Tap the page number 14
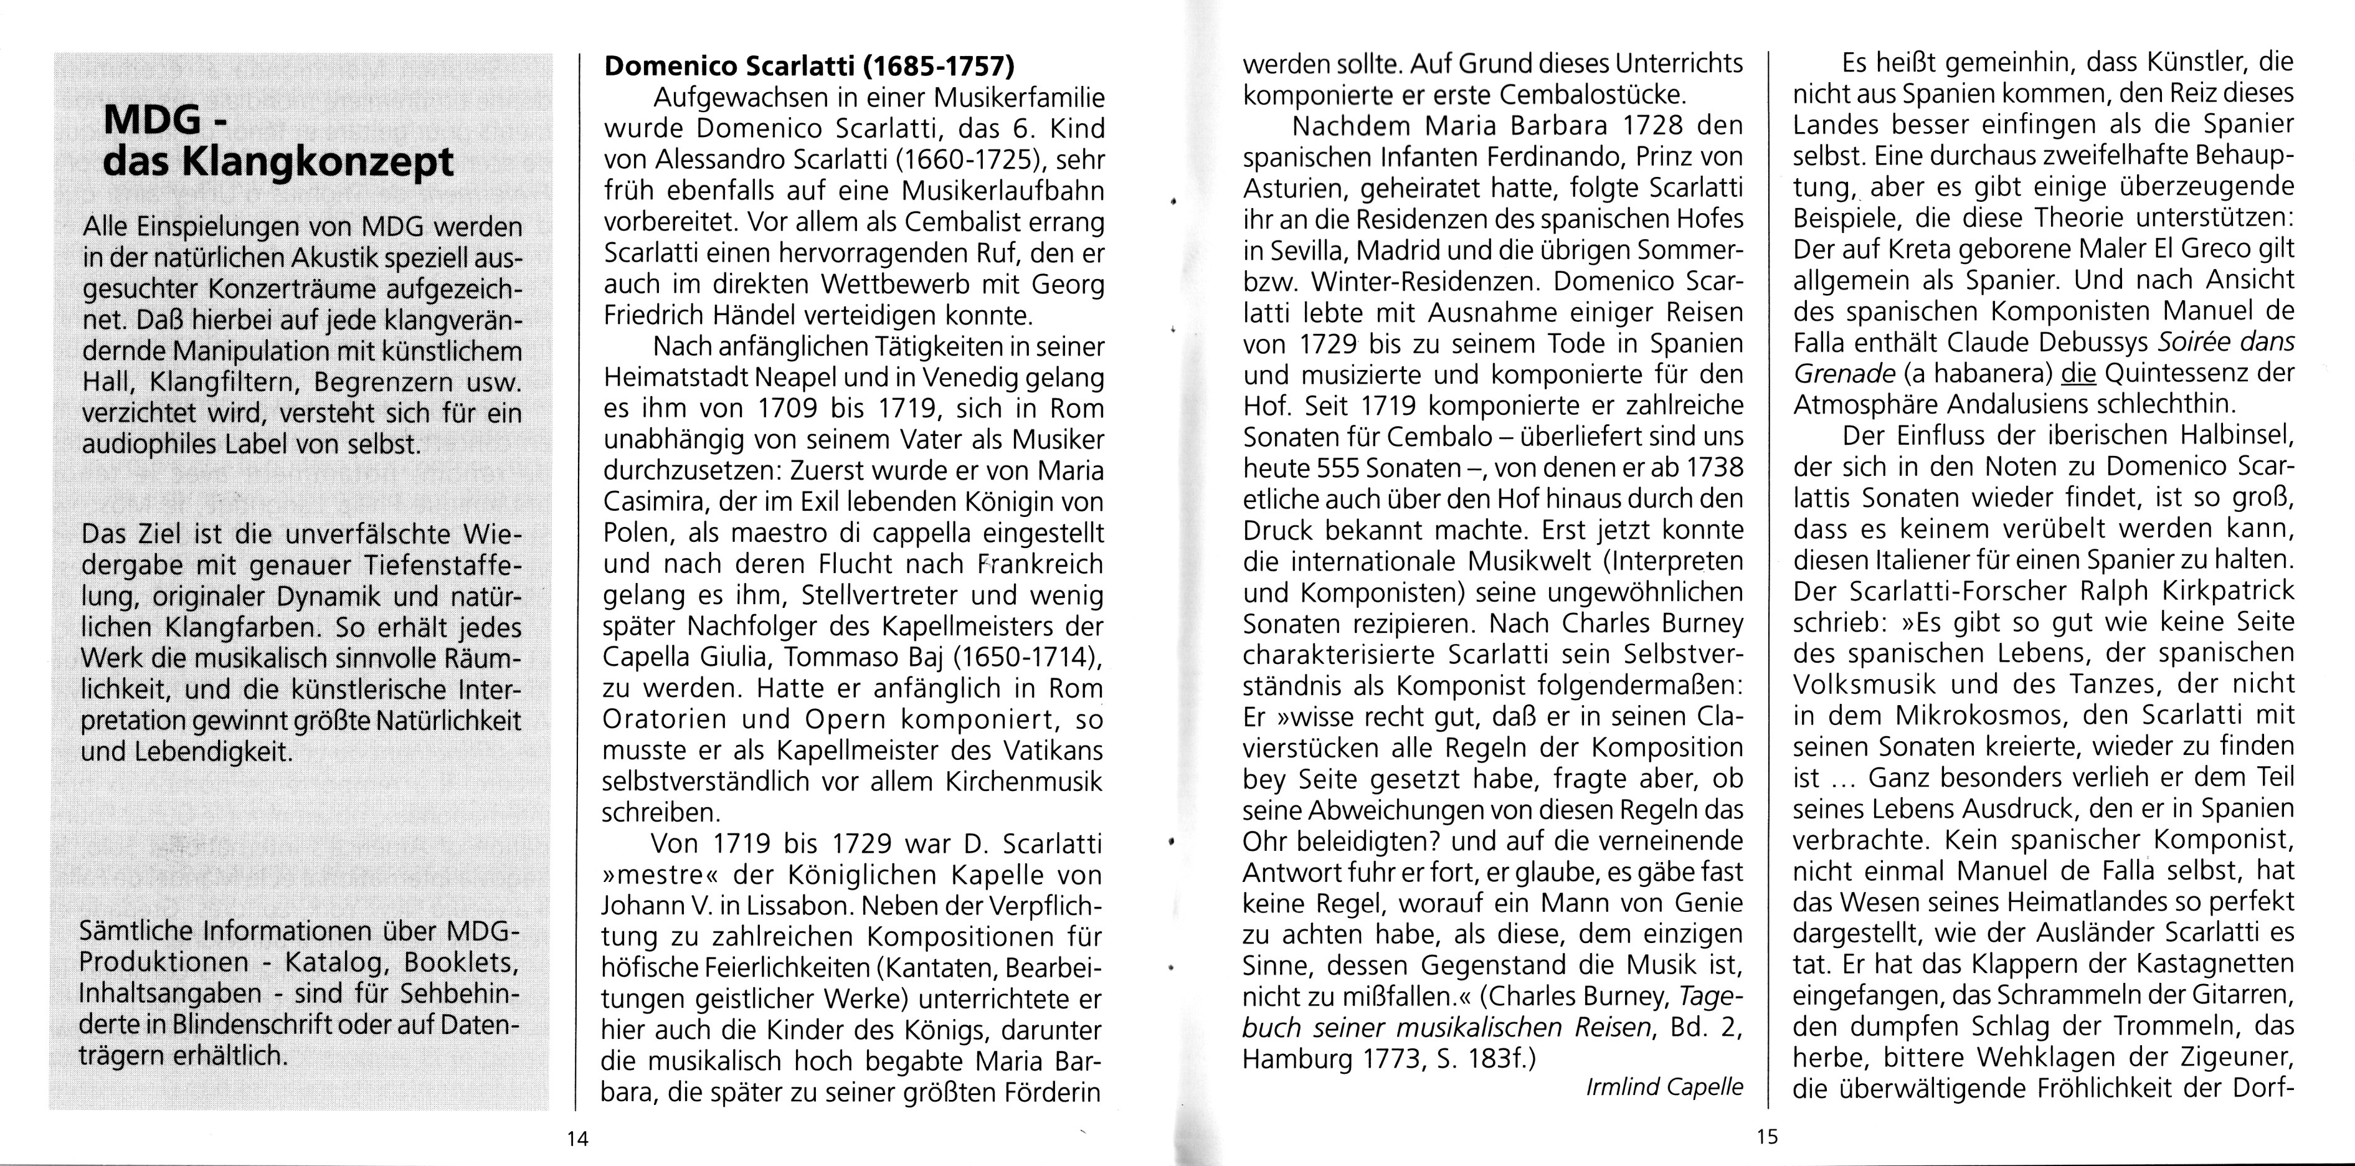coord(577,1139)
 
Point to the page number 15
coord(1767,1137)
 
